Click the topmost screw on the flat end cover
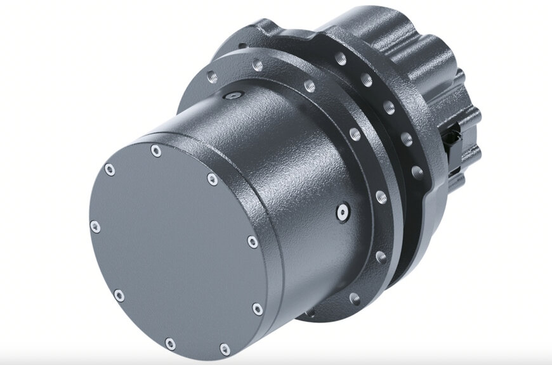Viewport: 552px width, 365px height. click(x=155, y=151)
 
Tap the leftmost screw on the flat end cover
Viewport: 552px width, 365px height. click(x=95, y=227)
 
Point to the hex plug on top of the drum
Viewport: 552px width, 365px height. click(x=232, y=96)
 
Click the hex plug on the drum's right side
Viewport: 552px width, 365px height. click(x=343, y=212)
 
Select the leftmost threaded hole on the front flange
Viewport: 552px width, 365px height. click(x=212, y=77)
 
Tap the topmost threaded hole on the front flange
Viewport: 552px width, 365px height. click(x=257, y=64)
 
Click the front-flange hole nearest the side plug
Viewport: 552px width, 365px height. click(x=379, y=197)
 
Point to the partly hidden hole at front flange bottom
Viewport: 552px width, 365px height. click(x=355, y=298)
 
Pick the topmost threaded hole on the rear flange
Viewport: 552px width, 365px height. click(x=341, y=59)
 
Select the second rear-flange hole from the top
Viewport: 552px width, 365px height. click(x=366, y=80)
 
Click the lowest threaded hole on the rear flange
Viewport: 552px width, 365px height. click(x=417, y=172)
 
